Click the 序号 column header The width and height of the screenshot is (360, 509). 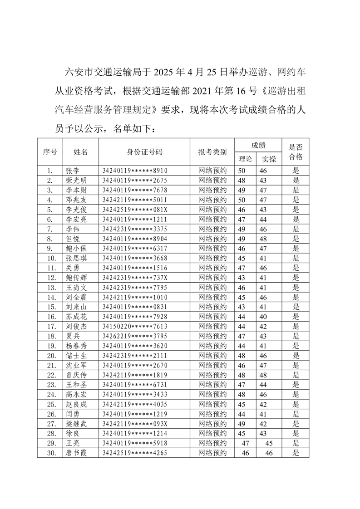click(x=49, y=152)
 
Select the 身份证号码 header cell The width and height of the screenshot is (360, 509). click(x=144, y=152)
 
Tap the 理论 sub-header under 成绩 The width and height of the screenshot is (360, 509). click(x=245, y=158)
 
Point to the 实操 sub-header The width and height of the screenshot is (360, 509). click(x=269, y=158)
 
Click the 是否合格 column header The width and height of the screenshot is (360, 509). click(x=296, y=152)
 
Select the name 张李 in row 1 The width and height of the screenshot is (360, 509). click(x=73, y=171)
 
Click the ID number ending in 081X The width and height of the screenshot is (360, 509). click(x=135, y=209)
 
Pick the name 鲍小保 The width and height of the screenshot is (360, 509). click(x=75, y=248)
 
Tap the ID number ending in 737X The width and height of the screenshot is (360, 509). click(x=135, y=277)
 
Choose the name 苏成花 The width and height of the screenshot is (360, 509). click(x=75, y=316)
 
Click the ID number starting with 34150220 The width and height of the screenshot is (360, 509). click(x=135, y=326)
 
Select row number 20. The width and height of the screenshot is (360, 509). click(x=51, y=355)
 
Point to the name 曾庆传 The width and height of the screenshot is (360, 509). click(x=75, y=375)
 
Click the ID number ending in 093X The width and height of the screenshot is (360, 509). click(x=135, y=423)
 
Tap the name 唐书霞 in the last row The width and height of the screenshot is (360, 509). click(x=75, y=452)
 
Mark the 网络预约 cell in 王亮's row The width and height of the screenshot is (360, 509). click(x=212, y=443)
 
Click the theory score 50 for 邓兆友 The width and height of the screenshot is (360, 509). click(x=242, y=200)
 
